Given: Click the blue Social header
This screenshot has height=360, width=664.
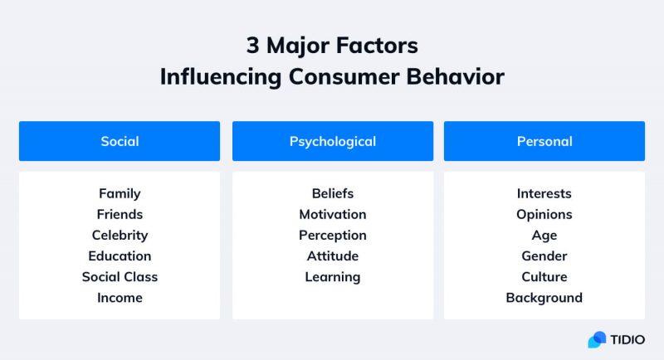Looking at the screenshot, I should click(x=120, y=141).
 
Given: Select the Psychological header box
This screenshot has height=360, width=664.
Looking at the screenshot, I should click(x=332, y=141).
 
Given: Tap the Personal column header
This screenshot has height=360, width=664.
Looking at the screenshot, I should click(x=544, y=141).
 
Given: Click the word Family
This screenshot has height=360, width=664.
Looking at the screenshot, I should click(x=120, y=193).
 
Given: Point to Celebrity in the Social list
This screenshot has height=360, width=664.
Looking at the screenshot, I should click(x=120, y=236).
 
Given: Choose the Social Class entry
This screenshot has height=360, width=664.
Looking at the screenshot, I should click(x=120, y=277).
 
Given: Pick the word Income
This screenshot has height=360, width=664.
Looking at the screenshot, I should click(x=120, y=298).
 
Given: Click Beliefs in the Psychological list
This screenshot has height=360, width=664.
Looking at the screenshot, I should click(x=332, y=193).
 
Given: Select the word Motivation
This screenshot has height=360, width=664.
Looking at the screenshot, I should click(x=332, y=214).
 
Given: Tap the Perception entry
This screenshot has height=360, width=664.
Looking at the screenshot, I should click(x=332, y=236).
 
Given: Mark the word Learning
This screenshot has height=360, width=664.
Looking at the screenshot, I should click(x=332, y=277).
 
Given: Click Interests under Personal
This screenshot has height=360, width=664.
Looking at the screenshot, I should click(x=544, y=193).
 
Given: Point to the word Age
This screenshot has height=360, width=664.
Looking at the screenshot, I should click(x=544, y=236).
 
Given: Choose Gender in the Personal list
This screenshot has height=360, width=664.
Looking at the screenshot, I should click(x=544, y=256).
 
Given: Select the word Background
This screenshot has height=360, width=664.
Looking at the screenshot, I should click(x=544, y=298).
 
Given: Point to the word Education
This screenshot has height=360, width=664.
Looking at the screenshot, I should click(x=120, y=256).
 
